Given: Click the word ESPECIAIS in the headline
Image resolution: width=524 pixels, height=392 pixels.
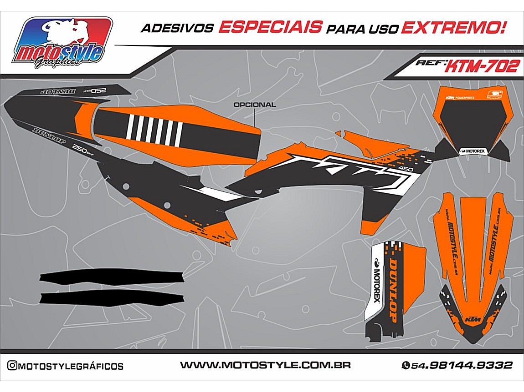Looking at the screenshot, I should point(270,27).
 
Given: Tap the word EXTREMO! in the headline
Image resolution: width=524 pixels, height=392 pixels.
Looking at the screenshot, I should point(453,28).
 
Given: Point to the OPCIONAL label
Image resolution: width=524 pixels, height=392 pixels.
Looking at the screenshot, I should point(254,105).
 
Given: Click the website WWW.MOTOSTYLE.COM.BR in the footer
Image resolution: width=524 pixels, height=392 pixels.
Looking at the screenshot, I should point(265,365).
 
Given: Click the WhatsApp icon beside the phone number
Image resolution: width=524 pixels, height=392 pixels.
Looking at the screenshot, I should point(405,366).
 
